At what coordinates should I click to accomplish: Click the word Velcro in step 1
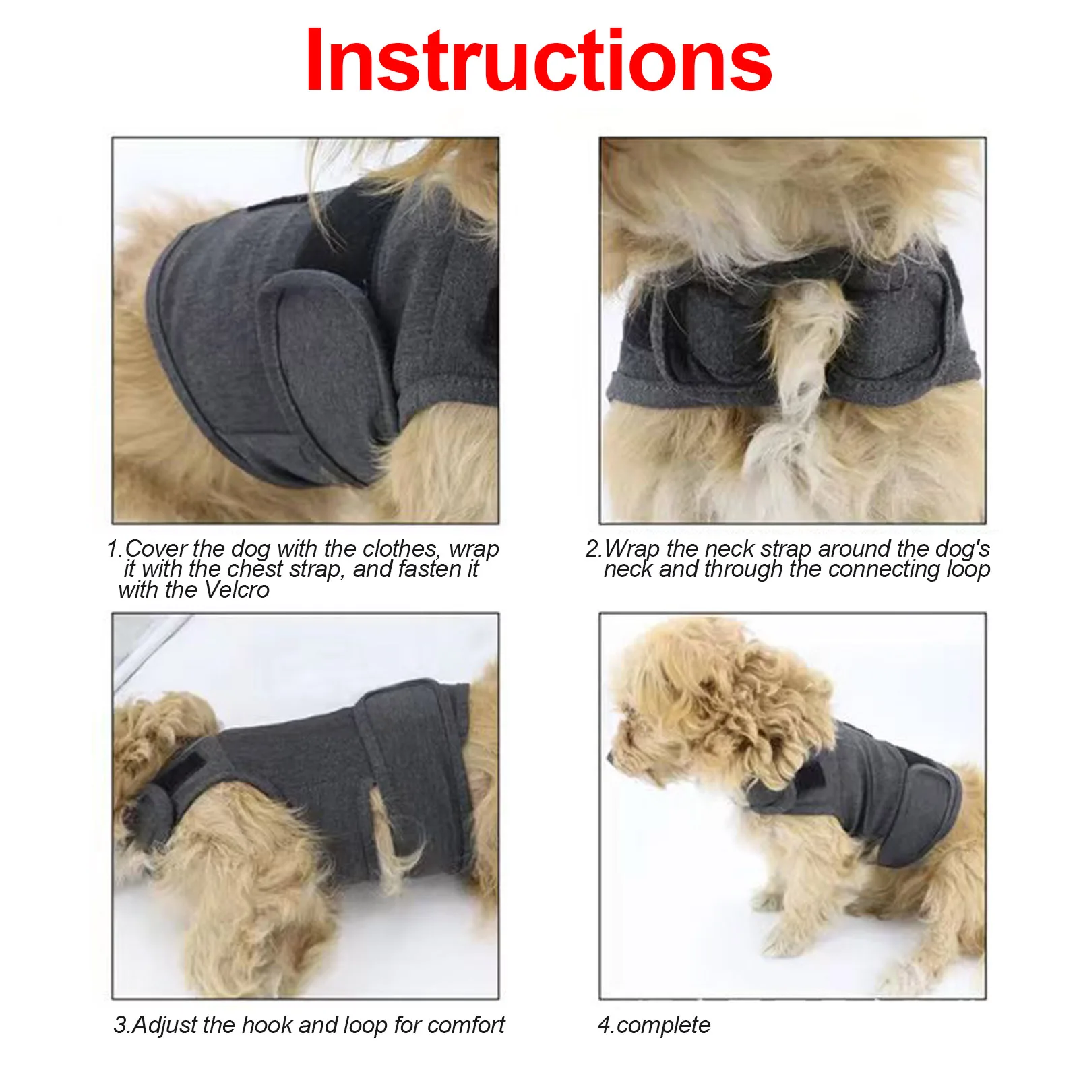coord(237,590)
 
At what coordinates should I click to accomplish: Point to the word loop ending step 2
coord(968,570)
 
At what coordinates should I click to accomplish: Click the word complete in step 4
coord(663,1025)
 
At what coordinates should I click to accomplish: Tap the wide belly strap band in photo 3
coord(411,775)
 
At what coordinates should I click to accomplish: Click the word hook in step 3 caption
coord(268,1025)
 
